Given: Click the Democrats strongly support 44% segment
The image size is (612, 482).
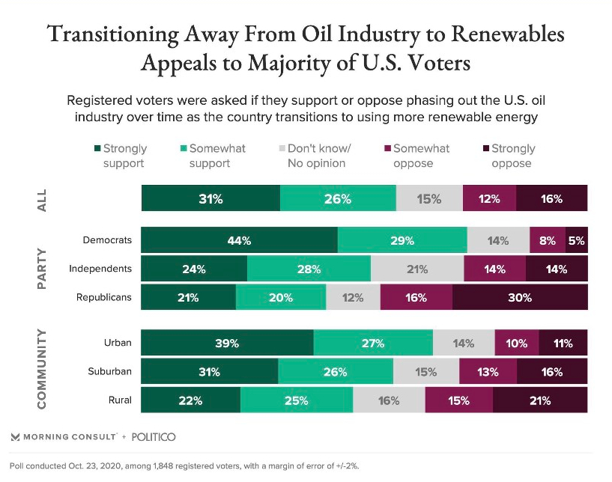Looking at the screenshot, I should click(239, 240).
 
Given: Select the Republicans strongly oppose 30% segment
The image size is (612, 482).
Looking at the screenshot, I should click(520, 297).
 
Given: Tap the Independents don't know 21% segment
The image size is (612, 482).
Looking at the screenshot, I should click(417, 269).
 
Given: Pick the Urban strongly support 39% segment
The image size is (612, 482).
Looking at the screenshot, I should click(227, 344).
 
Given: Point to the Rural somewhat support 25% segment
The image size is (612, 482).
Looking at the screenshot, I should click(296, 400).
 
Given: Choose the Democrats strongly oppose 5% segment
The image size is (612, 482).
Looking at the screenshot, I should click(576, 240).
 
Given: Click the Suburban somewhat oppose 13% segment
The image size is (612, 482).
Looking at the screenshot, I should click(488, 372).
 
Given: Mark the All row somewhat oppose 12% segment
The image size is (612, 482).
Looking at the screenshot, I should click(490, 199).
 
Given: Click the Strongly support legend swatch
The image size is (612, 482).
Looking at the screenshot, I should click(97, 149).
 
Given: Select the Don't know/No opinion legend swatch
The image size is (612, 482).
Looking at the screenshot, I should click(281, 149).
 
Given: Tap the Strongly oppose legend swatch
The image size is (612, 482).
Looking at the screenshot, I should click(485, 149).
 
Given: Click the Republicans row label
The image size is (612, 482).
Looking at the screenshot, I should click(104, 297).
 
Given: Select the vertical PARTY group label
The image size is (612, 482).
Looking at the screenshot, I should click(42, 269).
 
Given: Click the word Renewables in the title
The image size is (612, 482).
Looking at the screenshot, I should click(501, 34).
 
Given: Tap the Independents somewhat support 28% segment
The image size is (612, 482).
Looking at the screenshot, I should click(309, 269).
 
